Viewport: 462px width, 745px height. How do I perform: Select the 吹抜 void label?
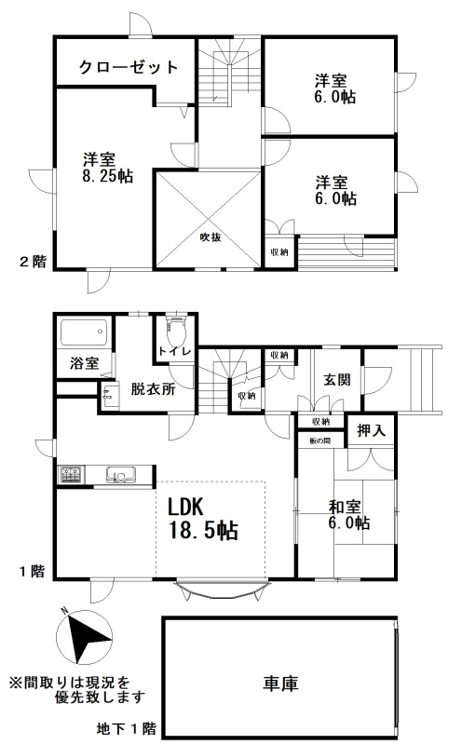click(x=209, y=237)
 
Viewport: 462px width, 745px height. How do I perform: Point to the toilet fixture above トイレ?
click(x=175, y=330)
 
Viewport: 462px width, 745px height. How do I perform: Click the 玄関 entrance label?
click(x=336, y=380)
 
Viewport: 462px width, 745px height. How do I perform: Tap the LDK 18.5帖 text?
click(x=202, y=520)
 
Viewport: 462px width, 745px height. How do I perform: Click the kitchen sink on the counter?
click(x=120, y=475)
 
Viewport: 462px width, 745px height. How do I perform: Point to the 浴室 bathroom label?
click(x=84, y=363)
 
